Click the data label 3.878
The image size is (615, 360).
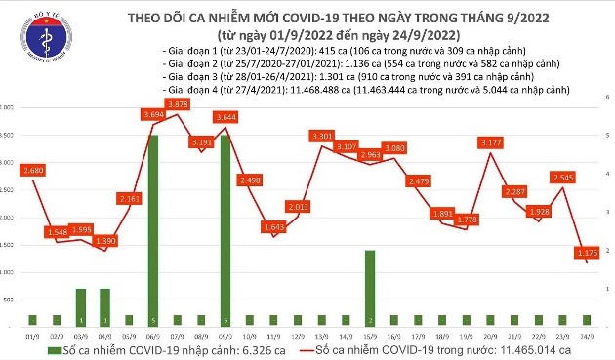[x=178, y=103]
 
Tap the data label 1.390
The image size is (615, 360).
[x=106, y=240]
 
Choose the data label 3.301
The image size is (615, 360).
[x=321, y=135]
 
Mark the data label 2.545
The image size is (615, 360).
[x=560, y=178]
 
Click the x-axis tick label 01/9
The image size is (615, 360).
[x=33, y=334]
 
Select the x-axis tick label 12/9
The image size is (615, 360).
[x=297, y=334]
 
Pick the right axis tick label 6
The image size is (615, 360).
[x=606, y=98]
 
